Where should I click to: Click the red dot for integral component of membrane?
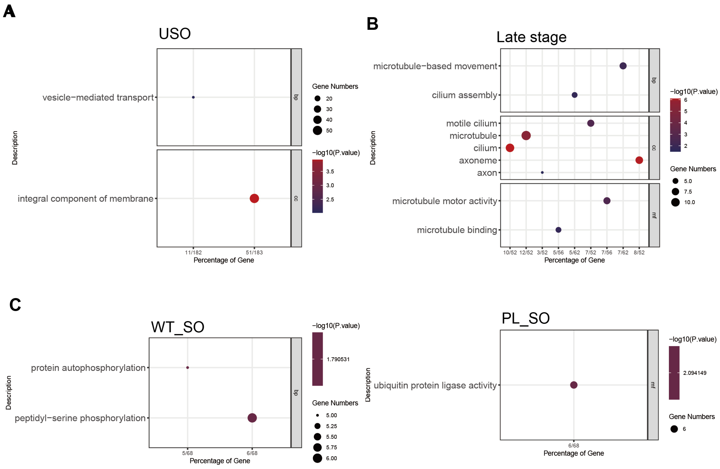click(254, 199)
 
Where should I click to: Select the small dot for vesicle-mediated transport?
click(193, 97)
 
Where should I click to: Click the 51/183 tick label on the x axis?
click(254, 252)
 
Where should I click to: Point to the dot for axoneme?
click(639, 160)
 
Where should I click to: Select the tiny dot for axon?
click(542, 172)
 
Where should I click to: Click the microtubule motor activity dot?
click(607, 201)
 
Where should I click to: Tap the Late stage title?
click(531, 37)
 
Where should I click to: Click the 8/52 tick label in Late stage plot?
click(639, 252)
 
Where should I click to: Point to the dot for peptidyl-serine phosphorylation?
click(252, 418)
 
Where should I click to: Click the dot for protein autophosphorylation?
click(187, 368)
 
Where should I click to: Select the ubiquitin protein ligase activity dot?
click(574, 385)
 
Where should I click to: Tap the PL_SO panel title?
click(525, 318)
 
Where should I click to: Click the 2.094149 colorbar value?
click(695, 373)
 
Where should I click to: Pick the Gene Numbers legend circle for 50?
click(317, 130)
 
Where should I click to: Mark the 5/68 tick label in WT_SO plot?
click(187, 453)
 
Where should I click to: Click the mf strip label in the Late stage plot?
click(654, 215)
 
